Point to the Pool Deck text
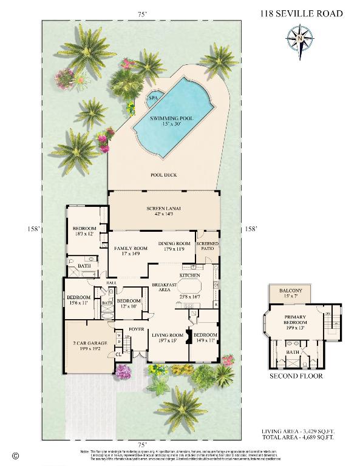[x=163, y=175]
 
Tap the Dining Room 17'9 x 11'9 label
[x=175, y=246]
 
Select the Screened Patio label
[x=206, y=246]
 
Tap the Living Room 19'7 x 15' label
[x=167, y=337]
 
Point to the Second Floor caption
[x=296, y=376]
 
